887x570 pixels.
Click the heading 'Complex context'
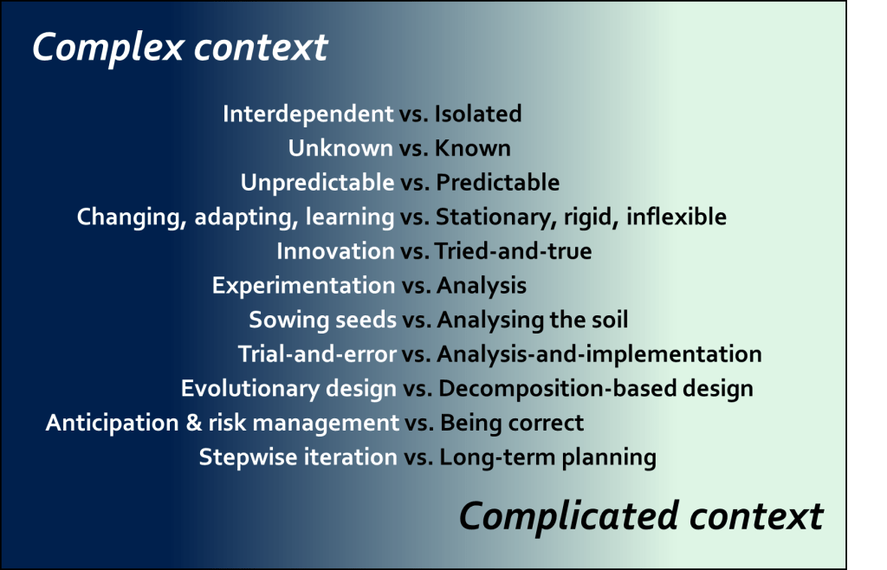click(x=180, y=48)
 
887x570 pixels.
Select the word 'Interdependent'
click(x=308, y=114)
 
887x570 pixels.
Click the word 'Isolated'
click(x=478, y=114)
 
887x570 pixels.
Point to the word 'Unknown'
click(x=340, y=148)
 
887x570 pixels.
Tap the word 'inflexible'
click(x=676, y=217)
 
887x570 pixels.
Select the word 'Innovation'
click(x=335, y=251)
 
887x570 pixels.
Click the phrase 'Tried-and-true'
click(x=513, y=251)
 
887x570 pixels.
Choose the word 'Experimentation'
click(x=304, y=286)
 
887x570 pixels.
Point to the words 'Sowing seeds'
click(x=322, y=320)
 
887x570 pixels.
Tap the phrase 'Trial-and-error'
click(x=317, y=354)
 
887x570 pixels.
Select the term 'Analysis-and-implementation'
click(x=599, y=354)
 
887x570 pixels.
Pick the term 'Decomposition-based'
click(x=557, y=389)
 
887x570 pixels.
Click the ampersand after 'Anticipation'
click(x=193, y=423)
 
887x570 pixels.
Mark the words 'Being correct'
click(x=512, y=424)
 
